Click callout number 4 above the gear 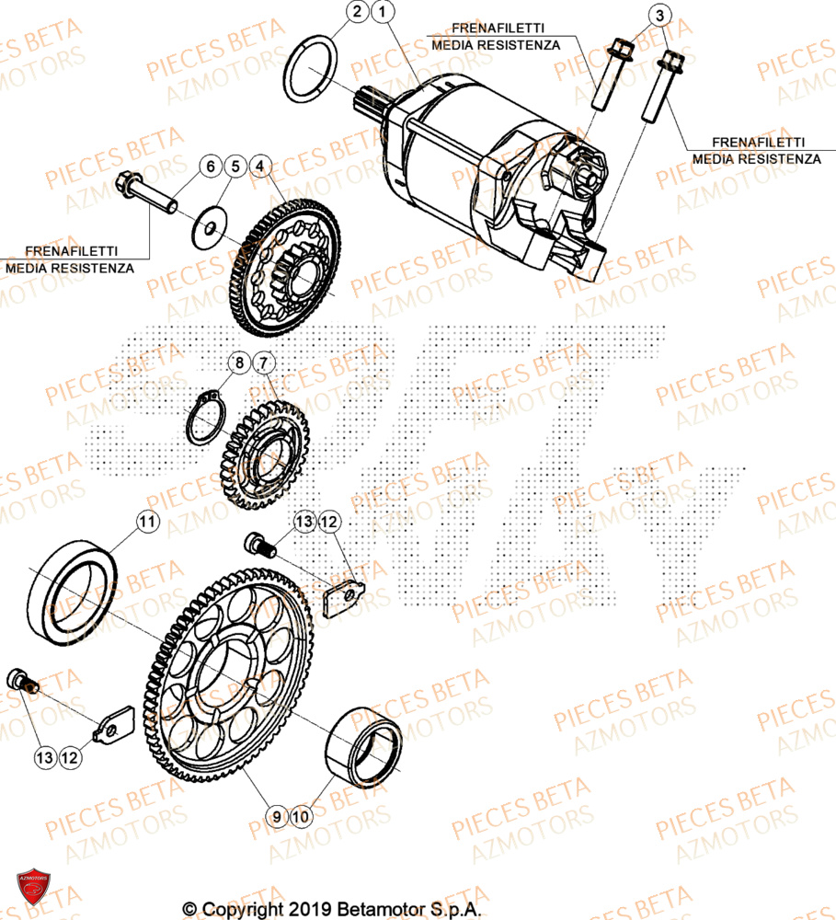(260, 167)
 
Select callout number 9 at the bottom (275, 816)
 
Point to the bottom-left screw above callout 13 (22, 682)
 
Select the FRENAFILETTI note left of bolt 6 (69, 259)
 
